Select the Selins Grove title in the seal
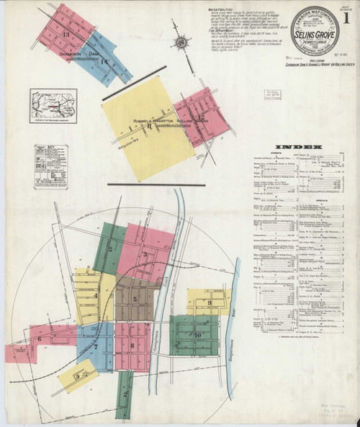pos(311,34)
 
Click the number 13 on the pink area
pos(66,34)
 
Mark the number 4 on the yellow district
pos(95,295)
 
